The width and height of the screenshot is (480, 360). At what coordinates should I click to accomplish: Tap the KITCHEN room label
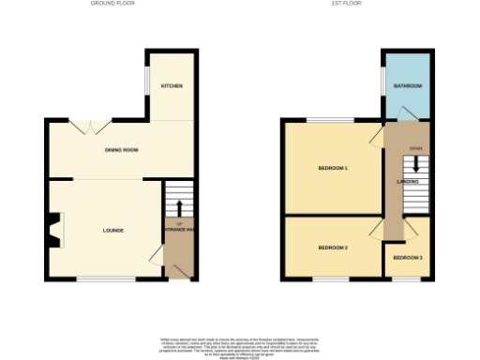tap(172, 86)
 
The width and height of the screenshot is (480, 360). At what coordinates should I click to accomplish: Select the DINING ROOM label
tap(122, 150)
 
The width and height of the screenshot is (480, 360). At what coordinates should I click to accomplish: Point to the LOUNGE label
tap(113, 230)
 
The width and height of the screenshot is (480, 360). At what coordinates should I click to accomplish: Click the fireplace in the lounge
tap(53, 230)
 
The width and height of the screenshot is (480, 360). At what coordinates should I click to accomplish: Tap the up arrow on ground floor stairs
tap(179, 205)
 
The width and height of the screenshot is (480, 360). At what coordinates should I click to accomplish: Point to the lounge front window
tap(97, 278)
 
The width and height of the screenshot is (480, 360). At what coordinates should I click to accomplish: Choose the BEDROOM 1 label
tap(333, 169)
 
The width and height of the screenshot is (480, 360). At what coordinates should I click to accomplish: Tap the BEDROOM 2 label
tap(333, 247)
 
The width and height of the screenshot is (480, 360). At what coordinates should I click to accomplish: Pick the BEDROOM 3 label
tap(408, 257)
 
